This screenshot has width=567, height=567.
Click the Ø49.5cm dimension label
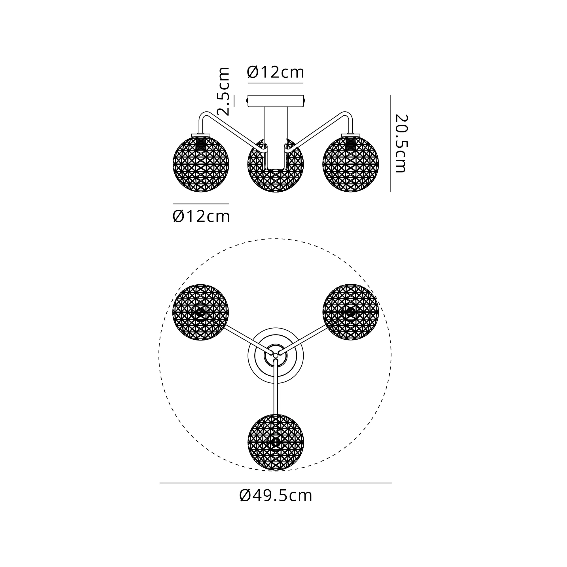276,496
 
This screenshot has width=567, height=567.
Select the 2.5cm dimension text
223,91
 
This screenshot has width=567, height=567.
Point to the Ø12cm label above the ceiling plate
275,72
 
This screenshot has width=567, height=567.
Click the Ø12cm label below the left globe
201,216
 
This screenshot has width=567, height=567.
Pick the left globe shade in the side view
201,164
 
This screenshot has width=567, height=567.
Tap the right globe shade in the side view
351,164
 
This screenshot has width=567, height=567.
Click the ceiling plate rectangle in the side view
276,101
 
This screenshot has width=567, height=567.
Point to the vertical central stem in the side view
276,138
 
